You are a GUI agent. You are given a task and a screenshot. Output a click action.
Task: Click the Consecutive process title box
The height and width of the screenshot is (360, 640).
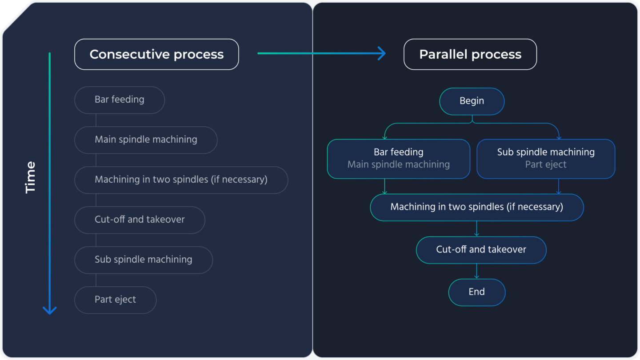(156, 54)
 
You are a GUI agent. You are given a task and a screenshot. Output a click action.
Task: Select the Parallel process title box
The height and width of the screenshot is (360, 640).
(470, 54)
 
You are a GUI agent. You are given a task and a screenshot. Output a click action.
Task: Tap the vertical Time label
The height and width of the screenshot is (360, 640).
(30, 177)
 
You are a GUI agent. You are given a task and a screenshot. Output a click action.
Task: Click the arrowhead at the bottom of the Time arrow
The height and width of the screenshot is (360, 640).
(49, 310)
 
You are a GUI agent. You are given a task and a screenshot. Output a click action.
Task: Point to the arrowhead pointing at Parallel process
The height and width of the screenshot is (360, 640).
(381, 53)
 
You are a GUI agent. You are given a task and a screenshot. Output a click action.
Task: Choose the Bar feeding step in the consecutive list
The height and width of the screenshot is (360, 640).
(120, 100)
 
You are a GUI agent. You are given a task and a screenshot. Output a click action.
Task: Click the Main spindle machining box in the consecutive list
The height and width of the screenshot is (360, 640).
(146, 140)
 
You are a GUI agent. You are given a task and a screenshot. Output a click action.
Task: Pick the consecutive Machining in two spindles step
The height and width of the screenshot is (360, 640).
(181, 180)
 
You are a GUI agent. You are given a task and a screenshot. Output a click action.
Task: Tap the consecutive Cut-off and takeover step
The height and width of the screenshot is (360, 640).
(140, 220)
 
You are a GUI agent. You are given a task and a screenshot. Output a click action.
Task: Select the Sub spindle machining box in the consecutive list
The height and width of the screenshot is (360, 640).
(143, 260)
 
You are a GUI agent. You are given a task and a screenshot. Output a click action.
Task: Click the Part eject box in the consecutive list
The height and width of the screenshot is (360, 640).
(115, 300)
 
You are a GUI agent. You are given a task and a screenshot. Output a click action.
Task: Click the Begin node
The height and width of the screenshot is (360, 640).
(472, 101)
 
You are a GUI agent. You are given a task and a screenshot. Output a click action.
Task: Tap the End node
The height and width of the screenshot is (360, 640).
(476, 292)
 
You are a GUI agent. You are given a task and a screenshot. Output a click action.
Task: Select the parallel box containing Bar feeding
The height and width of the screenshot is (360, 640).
(398, 159)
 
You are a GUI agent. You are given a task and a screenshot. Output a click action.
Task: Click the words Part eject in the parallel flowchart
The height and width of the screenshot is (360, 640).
(546, 164)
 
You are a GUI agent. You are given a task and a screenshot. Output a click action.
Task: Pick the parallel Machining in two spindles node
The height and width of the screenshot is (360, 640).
(476, 207)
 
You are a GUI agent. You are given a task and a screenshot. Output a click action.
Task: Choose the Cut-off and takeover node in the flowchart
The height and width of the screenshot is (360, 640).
(481, 249)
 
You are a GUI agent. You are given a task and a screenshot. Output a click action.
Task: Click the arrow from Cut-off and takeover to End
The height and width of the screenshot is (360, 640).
(476, 271)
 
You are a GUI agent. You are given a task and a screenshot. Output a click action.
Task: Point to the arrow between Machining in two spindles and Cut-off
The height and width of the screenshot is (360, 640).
(476, 228)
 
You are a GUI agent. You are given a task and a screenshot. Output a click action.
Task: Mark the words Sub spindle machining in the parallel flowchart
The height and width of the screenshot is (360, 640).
(546, 152)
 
